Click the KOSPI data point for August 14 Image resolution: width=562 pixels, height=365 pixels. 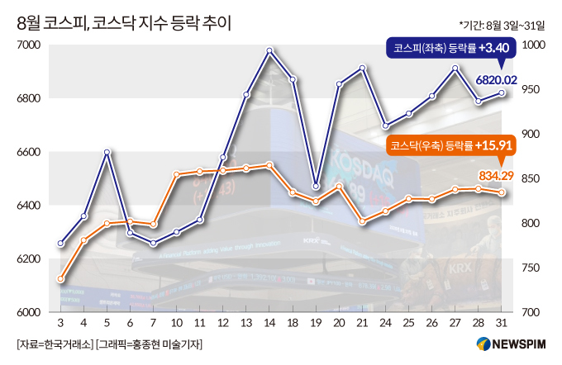tap(269, 50)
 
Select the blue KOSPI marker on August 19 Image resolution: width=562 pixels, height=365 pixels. tap(316, 187)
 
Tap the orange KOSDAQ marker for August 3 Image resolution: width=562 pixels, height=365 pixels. tap(60, 279)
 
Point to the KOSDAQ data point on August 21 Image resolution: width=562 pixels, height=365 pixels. tap(362, 221)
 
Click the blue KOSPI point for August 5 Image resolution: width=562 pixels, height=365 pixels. tap(107, 152)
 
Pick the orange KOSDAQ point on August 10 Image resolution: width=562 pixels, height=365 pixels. tap(176, 174)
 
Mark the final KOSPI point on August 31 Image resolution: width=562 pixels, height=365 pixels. tap(502, 93)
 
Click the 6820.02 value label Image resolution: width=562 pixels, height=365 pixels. tap(497, 80)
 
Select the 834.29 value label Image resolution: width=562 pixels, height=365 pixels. tap(497, 176)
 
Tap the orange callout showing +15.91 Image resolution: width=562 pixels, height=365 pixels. tap(451, 146)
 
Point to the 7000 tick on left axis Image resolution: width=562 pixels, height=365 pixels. tap(29, 45)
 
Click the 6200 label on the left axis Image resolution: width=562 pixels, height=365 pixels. tap(29, 258)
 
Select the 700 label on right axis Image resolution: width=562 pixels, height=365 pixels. tap(531, 312)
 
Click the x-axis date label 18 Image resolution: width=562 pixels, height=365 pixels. tap(293, 323)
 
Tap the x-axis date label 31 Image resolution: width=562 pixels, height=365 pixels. tap(502, 323)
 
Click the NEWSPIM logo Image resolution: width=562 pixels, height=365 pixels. tap(511, 344)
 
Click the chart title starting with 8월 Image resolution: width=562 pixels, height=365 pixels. tap(124, 24)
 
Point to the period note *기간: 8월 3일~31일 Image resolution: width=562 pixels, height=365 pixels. tap(502, 26)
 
